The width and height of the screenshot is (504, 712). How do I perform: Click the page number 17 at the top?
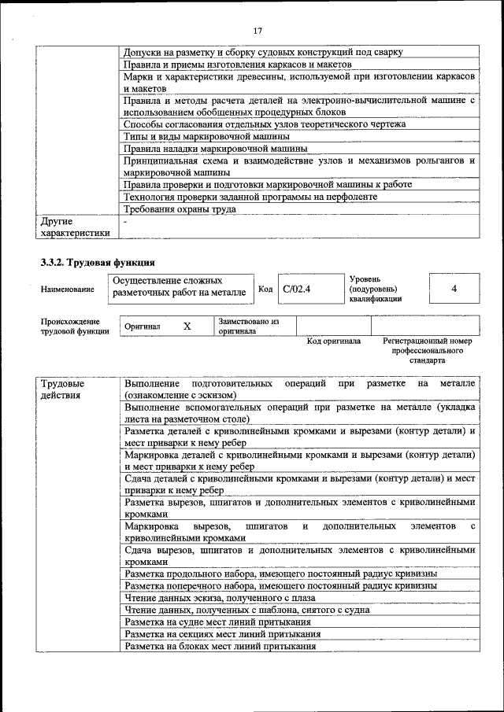tap(257, 31)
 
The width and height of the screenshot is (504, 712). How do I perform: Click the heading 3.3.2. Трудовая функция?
tap(97, 262)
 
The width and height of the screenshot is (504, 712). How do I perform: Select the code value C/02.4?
tap(297, 289)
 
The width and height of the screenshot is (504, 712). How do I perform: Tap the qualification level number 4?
tap(454, 289)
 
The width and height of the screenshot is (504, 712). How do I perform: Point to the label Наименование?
tap(68, 290)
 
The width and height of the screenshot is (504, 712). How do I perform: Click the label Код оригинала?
tap(333, 341)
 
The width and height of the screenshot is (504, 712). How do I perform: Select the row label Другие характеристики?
tap(75, 227)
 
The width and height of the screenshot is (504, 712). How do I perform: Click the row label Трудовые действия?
tap(62, 389)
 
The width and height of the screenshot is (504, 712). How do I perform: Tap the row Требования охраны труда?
tap(180, 209)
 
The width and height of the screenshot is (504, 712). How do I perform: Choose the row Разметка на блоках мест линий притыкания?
tap(220, 647)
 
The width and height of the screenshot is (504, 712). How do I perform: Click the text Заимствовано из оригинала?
tap(248, 326)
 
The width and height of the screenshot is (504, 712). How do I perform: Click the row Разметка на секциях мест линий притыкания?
tap(222, 634)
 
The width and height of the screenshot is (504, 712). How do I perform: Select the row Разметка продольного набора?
tap(280, 574)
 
